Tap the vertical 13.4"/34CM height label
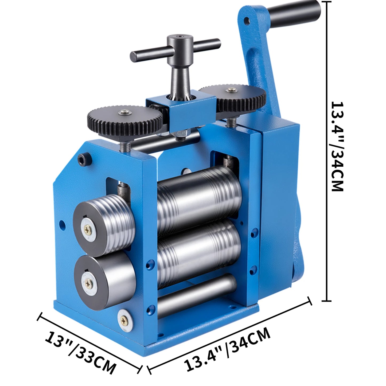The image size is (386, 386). (x=337, y=146)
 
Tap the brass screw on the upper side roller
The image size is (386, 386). (x=88, y=229)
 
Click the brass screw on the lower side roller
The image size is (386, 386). (x=88, y=282)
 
